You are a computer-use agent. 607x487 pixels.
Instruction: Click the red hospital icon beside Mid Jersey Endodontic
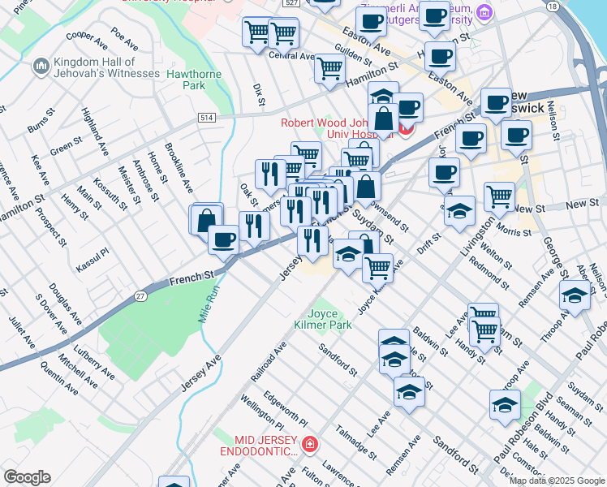pyautogui.click(x=308, y=444)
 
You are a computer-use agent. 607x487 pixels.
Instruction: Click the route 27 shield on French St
pyautogui.click(x=141, y=297)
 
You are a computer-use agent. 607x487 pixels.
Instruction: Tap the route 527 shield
pyautogui.click(x=292, y=4)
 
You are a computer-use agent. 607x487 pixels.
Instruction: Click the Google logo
pyautogui.click(x=27, y=477)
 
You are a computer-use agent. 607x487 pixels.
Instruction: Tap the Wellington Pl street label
pyautogui.click(x=262, y=413)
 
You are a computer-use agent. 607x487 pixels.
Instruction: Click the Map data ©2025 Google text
pyautogui.click(x=557, y=481)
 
